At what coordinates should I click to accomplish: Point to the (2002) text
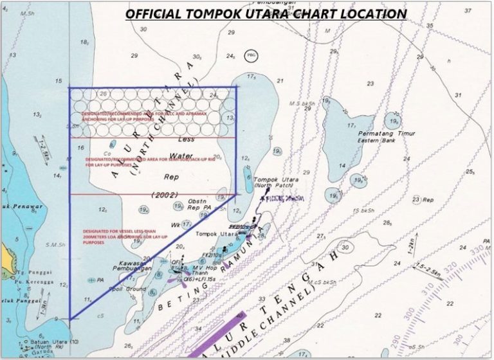point(165,194)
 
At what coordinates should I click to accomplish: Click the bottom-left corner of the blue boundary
point(69,319)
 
